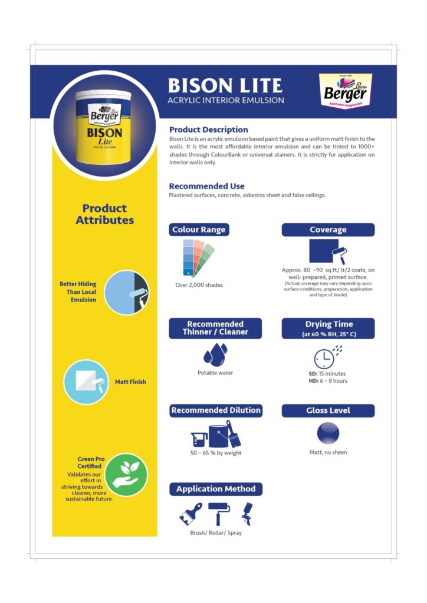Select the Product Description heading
(208, 130)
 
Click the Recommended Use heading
(206, 186)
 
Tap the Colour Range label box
(199, 230)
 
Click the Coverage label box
(328, 230)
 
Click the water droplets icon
(214, 354)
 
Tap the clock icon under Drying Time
(325, 357)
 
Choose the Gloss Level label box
(328, 410)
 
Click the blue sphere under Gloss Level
(328, 433)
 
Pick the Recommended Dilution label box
(215, 410)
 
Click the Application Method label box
(215, 489)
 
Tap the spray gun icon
(246, 514)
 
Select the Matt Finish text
(130, 382)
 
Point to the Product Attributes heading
(104, 214)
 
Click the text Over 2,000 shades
(199, 285)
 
